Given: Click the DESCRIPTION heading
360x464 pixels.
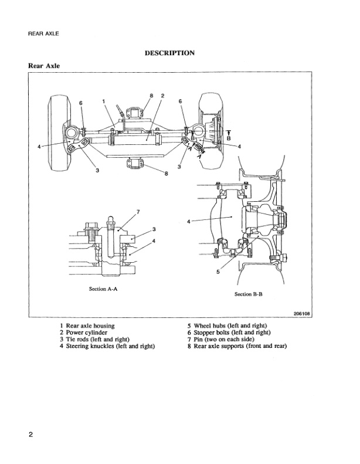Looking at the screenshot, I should point(169,53).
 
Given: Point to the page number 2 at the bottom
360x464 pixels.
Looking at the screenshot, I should point(30,435).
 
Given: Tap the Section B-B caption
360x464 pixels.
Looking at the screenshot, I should point(248,294).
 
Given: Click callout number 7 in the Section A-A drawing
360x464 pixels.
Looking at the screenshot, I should point(137,211).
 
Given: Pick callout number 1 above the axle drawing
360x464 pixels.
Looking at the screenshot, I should point(103,101).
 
